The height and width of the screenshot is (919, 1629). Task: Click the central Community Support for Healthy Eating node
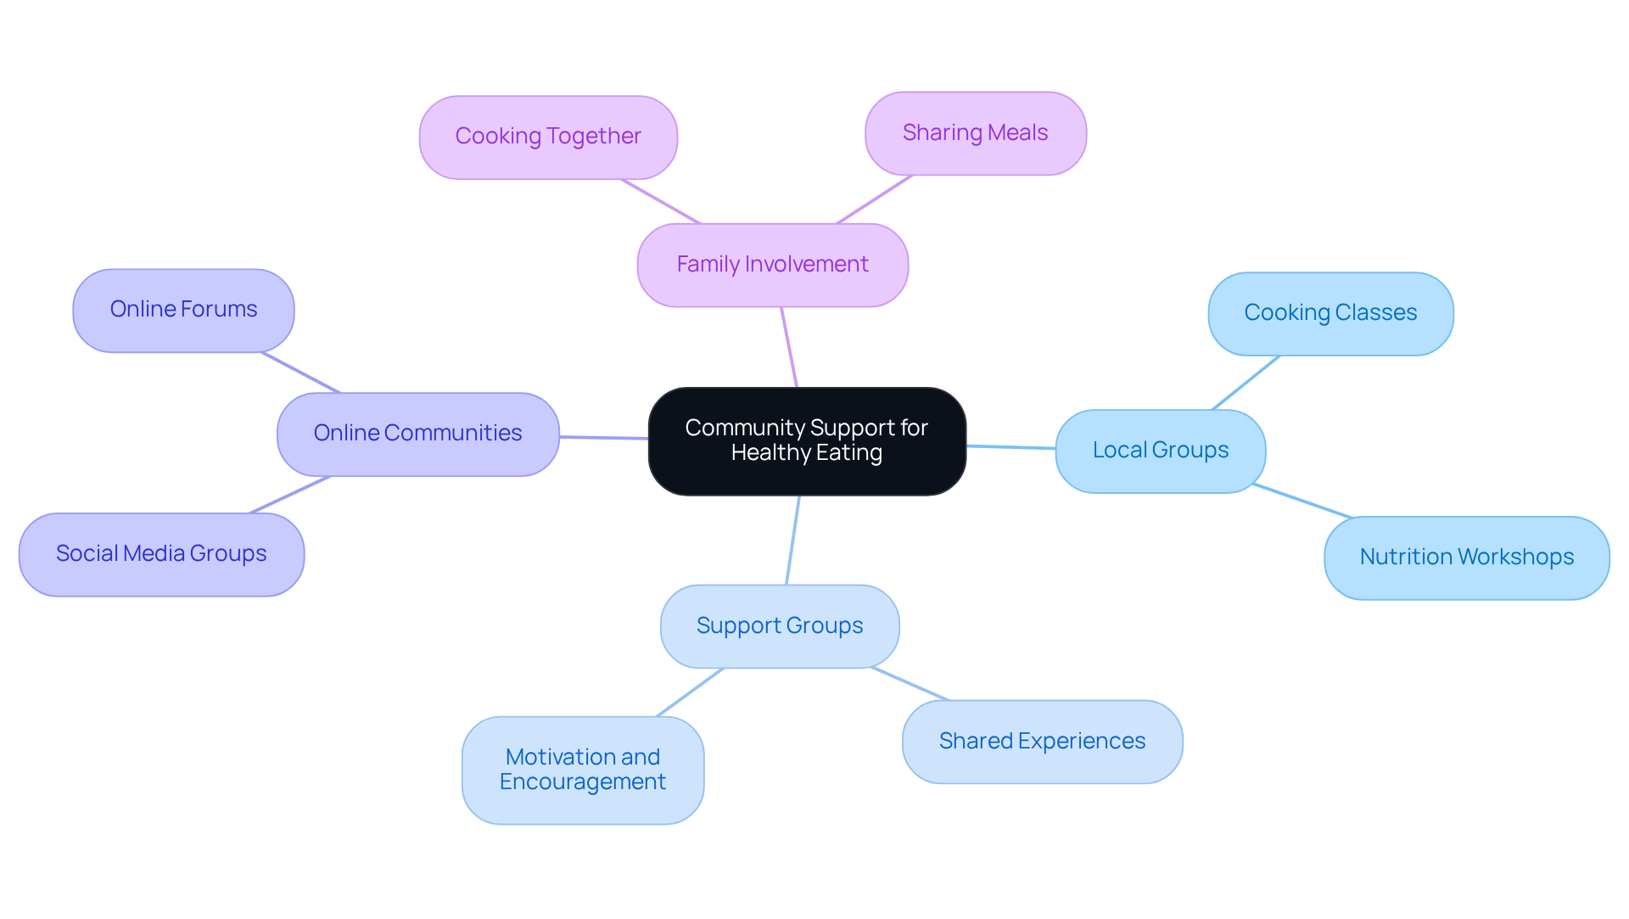point(806,440)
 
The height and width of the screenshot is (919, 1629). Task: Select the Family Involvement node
point(772,265)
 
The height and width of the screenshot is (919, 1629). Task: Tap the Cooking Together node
point(548,137)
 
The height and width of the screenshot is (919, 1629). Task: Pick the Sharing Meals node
point(975,133)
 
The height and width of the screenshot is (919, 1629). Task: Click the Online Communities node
point(417,434)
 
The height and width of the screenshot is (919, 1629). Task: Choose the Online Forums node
point(183,310)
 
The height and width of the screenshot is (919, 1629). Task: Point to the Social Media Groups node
point(161,554)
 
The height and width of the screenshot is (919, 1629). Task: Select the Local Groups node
point(1160,451)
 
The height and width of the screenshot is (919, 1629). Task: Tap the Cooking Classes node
point(1330,313)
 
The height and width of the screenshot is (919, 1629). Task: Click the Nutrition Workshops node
point(1466,558)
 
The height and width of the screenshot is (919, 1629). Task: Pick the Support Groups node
point(779,626)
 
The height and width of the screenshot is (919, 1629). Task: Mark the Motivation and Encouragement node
point(582,770)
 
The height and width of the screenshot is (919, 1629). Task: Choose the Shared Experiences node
point(1042,742)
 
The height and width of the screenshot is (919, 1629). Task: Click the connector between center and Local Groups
point(1010,447)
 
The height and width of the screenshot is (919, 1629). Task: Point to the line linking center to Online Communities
point(603,438)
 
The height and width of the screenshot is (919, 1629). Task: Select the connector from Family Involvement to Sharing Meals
point(874,200)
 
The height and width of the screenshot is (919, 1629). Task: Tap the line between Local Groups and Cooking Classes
point(1246,383)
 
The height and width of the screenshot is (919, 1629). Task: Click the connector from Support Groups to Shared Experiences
point(910,684)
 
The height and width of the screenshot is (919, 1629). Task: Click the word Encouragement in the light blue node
point(582,782)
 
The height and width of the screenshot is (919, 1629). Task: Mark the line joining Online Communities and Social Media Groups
point(290,495)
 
